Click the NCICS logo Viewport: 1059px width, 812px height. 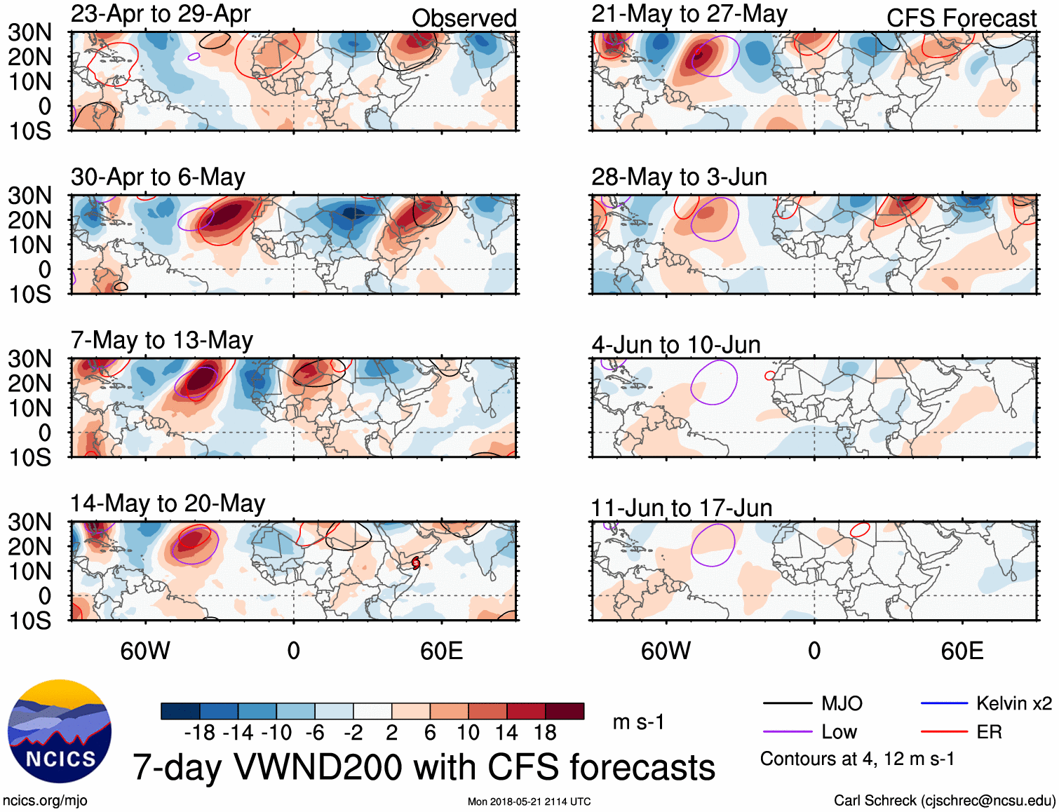(60, 731)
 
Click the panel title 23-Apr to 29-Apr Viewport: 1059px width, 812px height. (161, 14)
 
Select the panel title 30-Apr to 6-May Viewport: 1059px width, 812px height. (158, 177)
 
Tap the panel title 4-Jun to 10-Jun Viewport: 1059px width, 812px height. (676, 344)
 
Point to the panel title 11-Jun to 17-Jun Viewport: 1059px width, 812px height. (681, 508)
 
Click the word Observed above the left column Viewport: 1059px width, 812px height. (464, 18)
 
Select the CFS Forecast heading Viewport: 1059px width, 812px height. (961, 18)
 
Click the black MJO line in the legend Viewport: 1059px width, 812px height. (788, 703)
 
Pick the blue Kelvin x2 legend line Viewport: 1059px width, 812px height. (944, 703)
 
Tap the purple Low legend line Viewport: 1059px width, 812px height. (788, 732)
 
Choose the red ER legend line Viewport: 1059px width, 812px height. (944, 732)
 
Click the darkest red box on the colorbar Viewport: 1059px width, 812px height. (565, 711)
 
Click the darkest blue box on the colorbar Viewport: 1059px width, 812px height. (180, 711)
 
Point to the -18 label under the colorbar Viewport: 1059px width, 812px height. (199, 733)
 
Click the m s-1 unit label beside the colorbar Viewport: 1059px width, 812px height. (638, 722)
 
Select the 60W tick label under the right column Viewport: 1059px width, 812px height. (666, 651)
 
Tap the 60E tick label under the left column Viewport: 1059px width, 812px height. (441, 651)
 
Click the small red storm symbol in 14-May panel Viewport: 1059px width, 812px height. (416, 562)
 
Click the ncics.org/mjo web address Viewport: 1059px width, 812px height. (45, 801)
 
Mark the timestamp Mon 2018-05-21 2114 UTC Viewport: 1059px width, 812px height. (529, 801)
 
